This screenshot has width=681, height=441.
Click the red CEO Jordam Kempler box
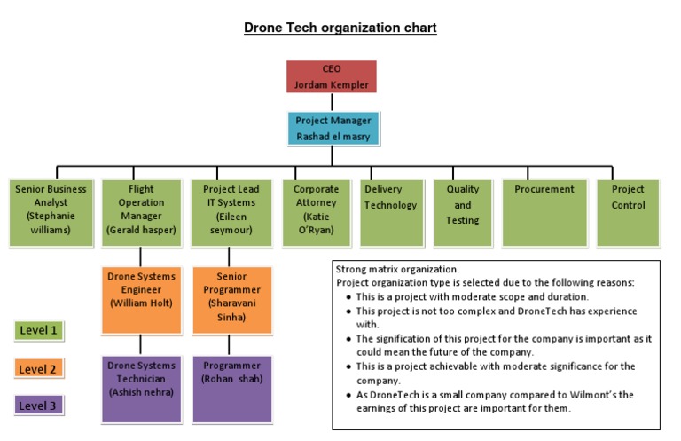tap(332, 76)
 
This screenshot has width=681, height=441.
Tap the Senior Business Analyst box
tap(50, 213)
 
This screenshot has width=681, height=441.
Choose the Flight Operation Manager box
tap(141, 213)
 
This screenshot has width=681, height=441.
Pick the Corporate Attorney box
tap(317, 213)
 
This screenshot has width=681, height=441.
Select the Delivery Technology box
tap(390, 213)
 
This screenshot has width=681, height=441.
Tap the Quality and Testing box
tap(463, 213)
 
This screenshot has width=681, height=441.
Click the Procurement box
tap(544, 213)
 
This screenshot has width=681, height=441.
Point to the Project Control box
tap(628, 213)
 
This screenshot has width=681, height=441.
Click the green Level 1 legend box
tap(39, 331)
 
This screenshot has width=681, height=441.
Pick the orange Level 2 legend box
tap(39, 368)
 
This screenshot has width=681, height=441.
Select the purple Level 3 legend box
tap(39, 406)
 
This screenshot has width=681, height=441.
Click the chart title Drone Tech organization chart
tap(340, 28)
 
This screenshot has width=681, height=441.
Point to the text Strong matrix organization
tap(396, 269)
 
